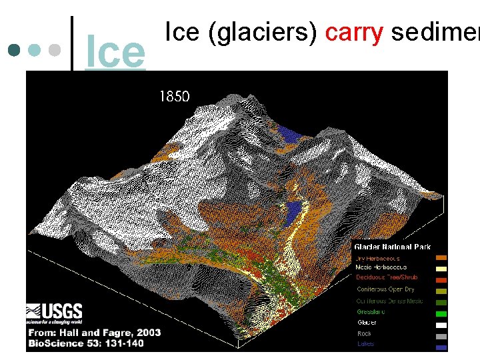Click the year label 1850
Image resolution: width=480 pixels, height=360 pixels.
(x=174, y=97)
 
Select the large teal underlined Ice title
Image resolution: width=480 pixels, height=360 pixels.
(x=115, y=53)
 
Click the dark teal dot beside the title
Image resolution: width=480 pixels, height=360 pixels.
(x=12, y=50)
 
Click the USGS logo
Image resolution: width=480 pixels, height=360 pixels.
(x=55, y=311)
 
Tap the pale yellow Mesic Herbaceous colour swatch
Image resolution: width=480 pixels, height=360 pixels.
(x=441, y=268)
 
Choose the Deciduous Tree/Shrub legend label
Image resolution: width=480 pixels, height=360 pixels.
(x=387, y=277)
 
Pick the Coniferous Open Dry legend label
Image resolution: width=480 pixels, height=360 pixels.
(x=386, y=289)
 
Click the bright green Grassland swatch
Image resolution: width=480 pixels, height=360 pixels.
(x=441, y=313)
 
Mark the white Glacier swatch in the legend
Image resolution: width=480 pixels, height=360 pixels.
(x=441, y=324)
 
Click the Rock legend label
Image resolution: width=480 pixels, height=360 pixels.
(x=365, y=333)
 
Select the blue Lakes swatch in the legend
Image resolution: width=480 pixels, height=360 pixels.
(x=441, y=345)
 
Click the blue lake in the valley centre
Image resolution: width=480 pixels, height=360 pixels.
(x=292, y=213)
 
